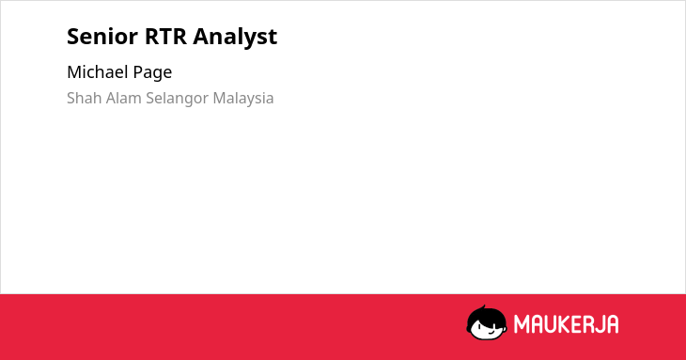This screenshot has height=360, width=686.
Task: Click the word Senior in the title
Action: [102, 37]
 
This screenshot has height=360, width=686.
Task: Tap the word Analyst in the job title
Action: [235, 37]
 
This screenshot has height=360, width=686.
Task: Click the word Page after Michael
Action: [152, 72]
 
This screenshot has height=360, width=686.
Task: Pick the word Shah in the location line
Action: [84, 98]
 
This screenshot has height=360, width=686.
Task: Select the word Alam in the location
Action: [123, 98]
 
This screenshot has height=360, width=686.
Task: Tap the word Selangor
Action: [178, 99]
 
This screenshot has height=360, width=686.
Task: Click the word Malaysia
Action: [243, 99]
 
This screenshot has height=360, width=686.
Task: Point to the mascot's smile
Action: [491, 332]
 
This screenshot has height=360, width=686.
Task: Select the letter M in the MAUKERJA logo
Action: [522, 324]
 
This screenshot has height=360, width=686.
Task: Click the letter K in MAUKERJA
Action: [563, 324]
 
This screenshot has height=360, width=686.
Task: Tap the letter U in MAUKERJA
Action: [550, 324]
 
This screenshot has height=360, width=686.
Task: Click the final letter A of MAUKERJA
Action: [612, 324]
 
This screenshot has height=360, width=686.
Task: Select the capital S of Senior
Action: [72, 37]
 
